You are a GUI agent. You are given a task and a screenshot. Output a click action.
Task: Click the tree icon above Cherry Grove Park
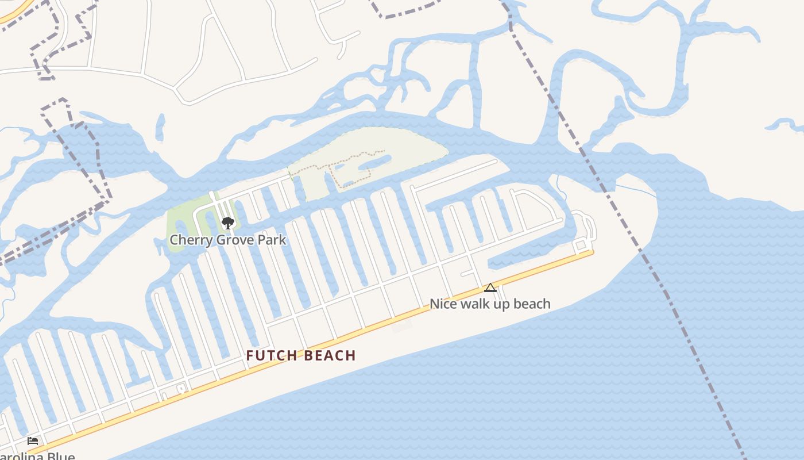click(x=228, y=223)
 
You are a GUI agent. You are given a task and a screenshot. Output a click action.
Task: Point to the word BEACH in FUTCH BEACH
click(x=330, y=356)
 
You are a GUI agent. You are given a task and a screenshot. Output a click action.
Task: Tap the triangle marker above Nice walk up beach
click(x=490, y=287)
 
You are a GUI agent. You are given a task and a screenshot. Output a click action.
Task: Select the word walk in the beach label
click(x=472, y=304)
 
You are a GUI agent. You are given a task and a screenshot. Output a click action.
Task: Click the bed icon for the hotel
click(x=33, y=441)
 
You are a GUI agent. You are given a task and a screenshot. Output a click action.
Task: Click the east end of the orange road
click(x=592, y=252)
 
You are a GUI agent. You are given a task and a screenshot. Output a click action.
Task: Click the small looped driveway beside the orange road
click(x=181, y=389)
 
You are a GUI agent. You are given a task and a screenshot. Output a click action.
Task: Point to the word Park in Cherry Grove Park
click(x=271, y=240)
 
